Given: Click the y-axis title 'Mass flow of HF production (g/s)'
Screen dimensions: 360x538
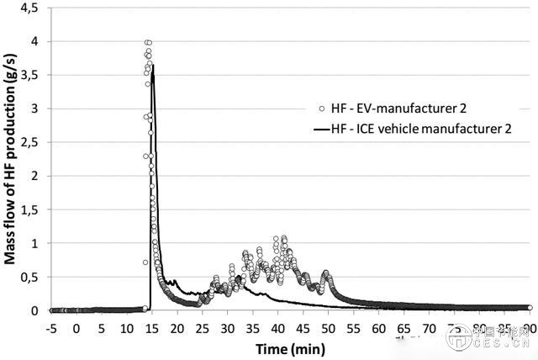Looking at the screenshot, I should point(11,156).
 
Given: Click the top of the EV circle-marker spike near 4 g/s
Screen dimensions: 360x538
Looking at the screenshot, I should point(148,42).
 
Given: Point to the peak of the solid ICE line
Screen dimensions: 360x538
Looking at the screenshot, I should point(152,65).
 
